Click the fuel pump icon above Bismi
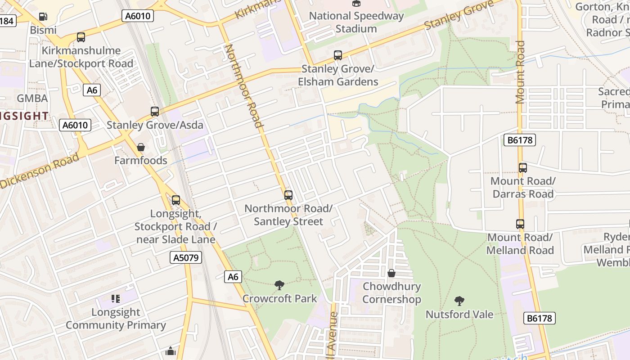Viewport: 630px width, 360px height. [43, 17]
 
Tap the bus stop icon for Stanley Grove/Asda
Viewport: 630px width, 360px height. [155, 111]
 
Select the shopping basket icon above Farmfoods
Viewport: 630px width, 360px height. [141, 147]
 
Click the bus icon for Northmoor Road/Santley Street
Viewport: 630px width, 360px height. [288, 195]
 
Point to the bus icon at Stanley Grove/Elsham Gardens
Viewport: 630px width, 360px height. [338, 55]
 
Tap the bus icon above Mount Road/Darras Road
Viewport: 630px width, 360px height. [522, 168]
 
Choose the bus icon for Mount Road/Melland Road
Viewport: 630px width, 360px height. [520, 224]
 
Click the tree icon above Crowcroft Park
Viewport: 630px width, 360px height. [279, 285]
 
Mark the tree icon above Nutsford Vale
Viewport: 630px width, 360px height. [459, 301]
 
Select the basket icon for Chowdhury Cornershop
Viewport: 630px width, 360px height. [391, 273]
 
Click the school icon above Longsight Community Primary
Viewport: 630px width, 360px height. [116, 298]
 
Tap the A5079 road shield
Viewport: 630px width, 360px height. [186, 257]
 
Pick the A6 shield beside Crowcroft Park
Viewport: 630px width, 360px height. [233, 276]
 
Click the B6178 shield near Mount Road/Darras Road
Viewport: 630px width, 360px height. [520, 140]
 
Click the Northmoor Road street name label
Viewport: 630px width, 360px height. [243, 85]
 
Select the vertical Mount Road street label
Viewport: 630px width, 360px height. [520, 72]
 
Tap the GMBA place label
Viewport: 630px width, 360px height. [32, 98]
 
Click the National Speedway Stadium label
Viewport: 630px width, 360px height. [356, 22]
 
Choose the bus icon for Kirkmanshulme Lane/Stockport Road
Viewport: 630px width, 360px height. [81, 37]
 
